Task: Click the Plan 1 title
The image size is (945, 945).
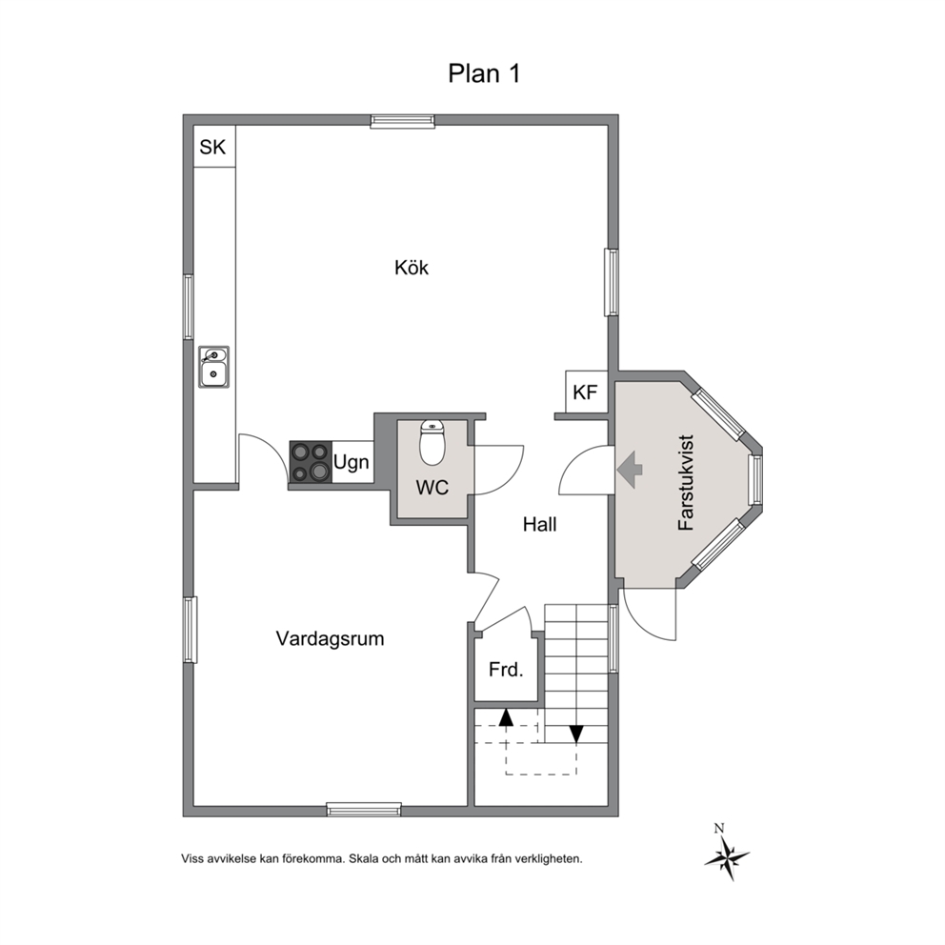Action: (x=484, y=73)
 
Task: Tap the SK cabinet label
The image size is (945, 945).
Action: (x=212, y=147)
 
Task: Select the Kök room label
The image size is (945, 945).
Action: (x=412, y=267)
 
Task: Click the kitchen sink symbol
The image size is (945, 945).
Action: (x=214, y=367)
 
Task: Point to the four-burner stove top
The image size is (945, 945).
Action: (x=311, y=462)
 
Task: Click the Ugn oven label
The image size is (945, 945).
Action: (x=352, y=463)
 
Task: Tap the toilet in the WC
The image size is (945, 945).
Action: (x=432, y=442)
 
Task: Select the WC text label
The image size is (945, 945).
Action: (x=432, y=487)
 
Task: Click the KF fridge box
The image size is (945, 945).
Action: (x=586, y=392)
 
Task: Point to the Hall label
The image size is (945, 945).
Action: (x=539, y=524)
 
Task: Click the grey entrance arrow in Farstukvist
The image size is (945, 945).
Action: (x=630, y=469)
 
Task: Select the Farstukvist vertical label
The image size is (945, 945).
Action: (x=687, y=483)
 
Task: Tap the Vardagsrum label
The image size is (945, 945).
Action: (x=330, y=639)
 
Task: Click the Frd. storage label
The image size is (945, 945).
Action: (x=506, y=670)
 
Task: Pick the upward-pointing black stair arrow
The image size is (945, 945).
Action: (x=506, y=716)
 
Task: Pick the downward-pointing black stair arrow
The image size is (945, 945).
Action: (x=576, y=734)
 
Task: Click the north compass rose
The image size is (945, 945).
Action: (x=727, y=855)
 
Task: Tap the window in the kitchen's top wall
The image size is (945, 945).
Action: (x=403, y=121)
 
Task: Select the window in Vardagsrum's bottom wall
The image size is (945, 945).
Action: (x=364, y=810)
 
